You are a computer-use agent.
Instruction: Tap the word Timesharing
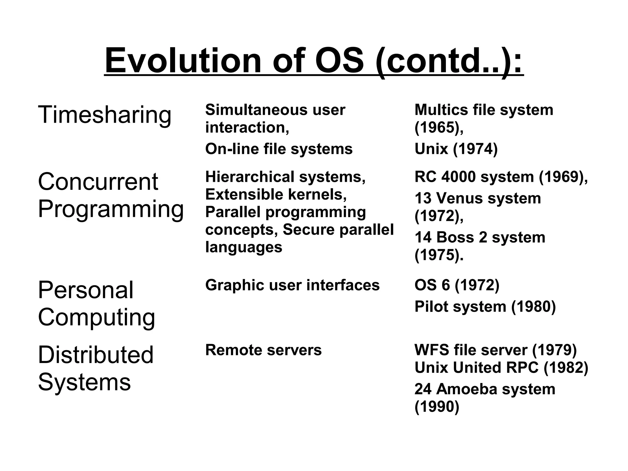tap(105, 115)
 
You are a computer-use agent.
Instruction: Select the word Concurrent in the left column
tap(98, 182)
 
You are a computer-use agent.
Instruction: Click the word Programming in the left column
tap(111, 209)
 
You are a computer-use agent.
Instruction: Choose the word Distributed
tap(96, 355)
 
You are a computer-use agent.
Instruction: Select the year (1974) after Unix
tap(475, 149)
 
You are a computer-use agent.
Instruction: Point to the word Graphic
tap(235, 285)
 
